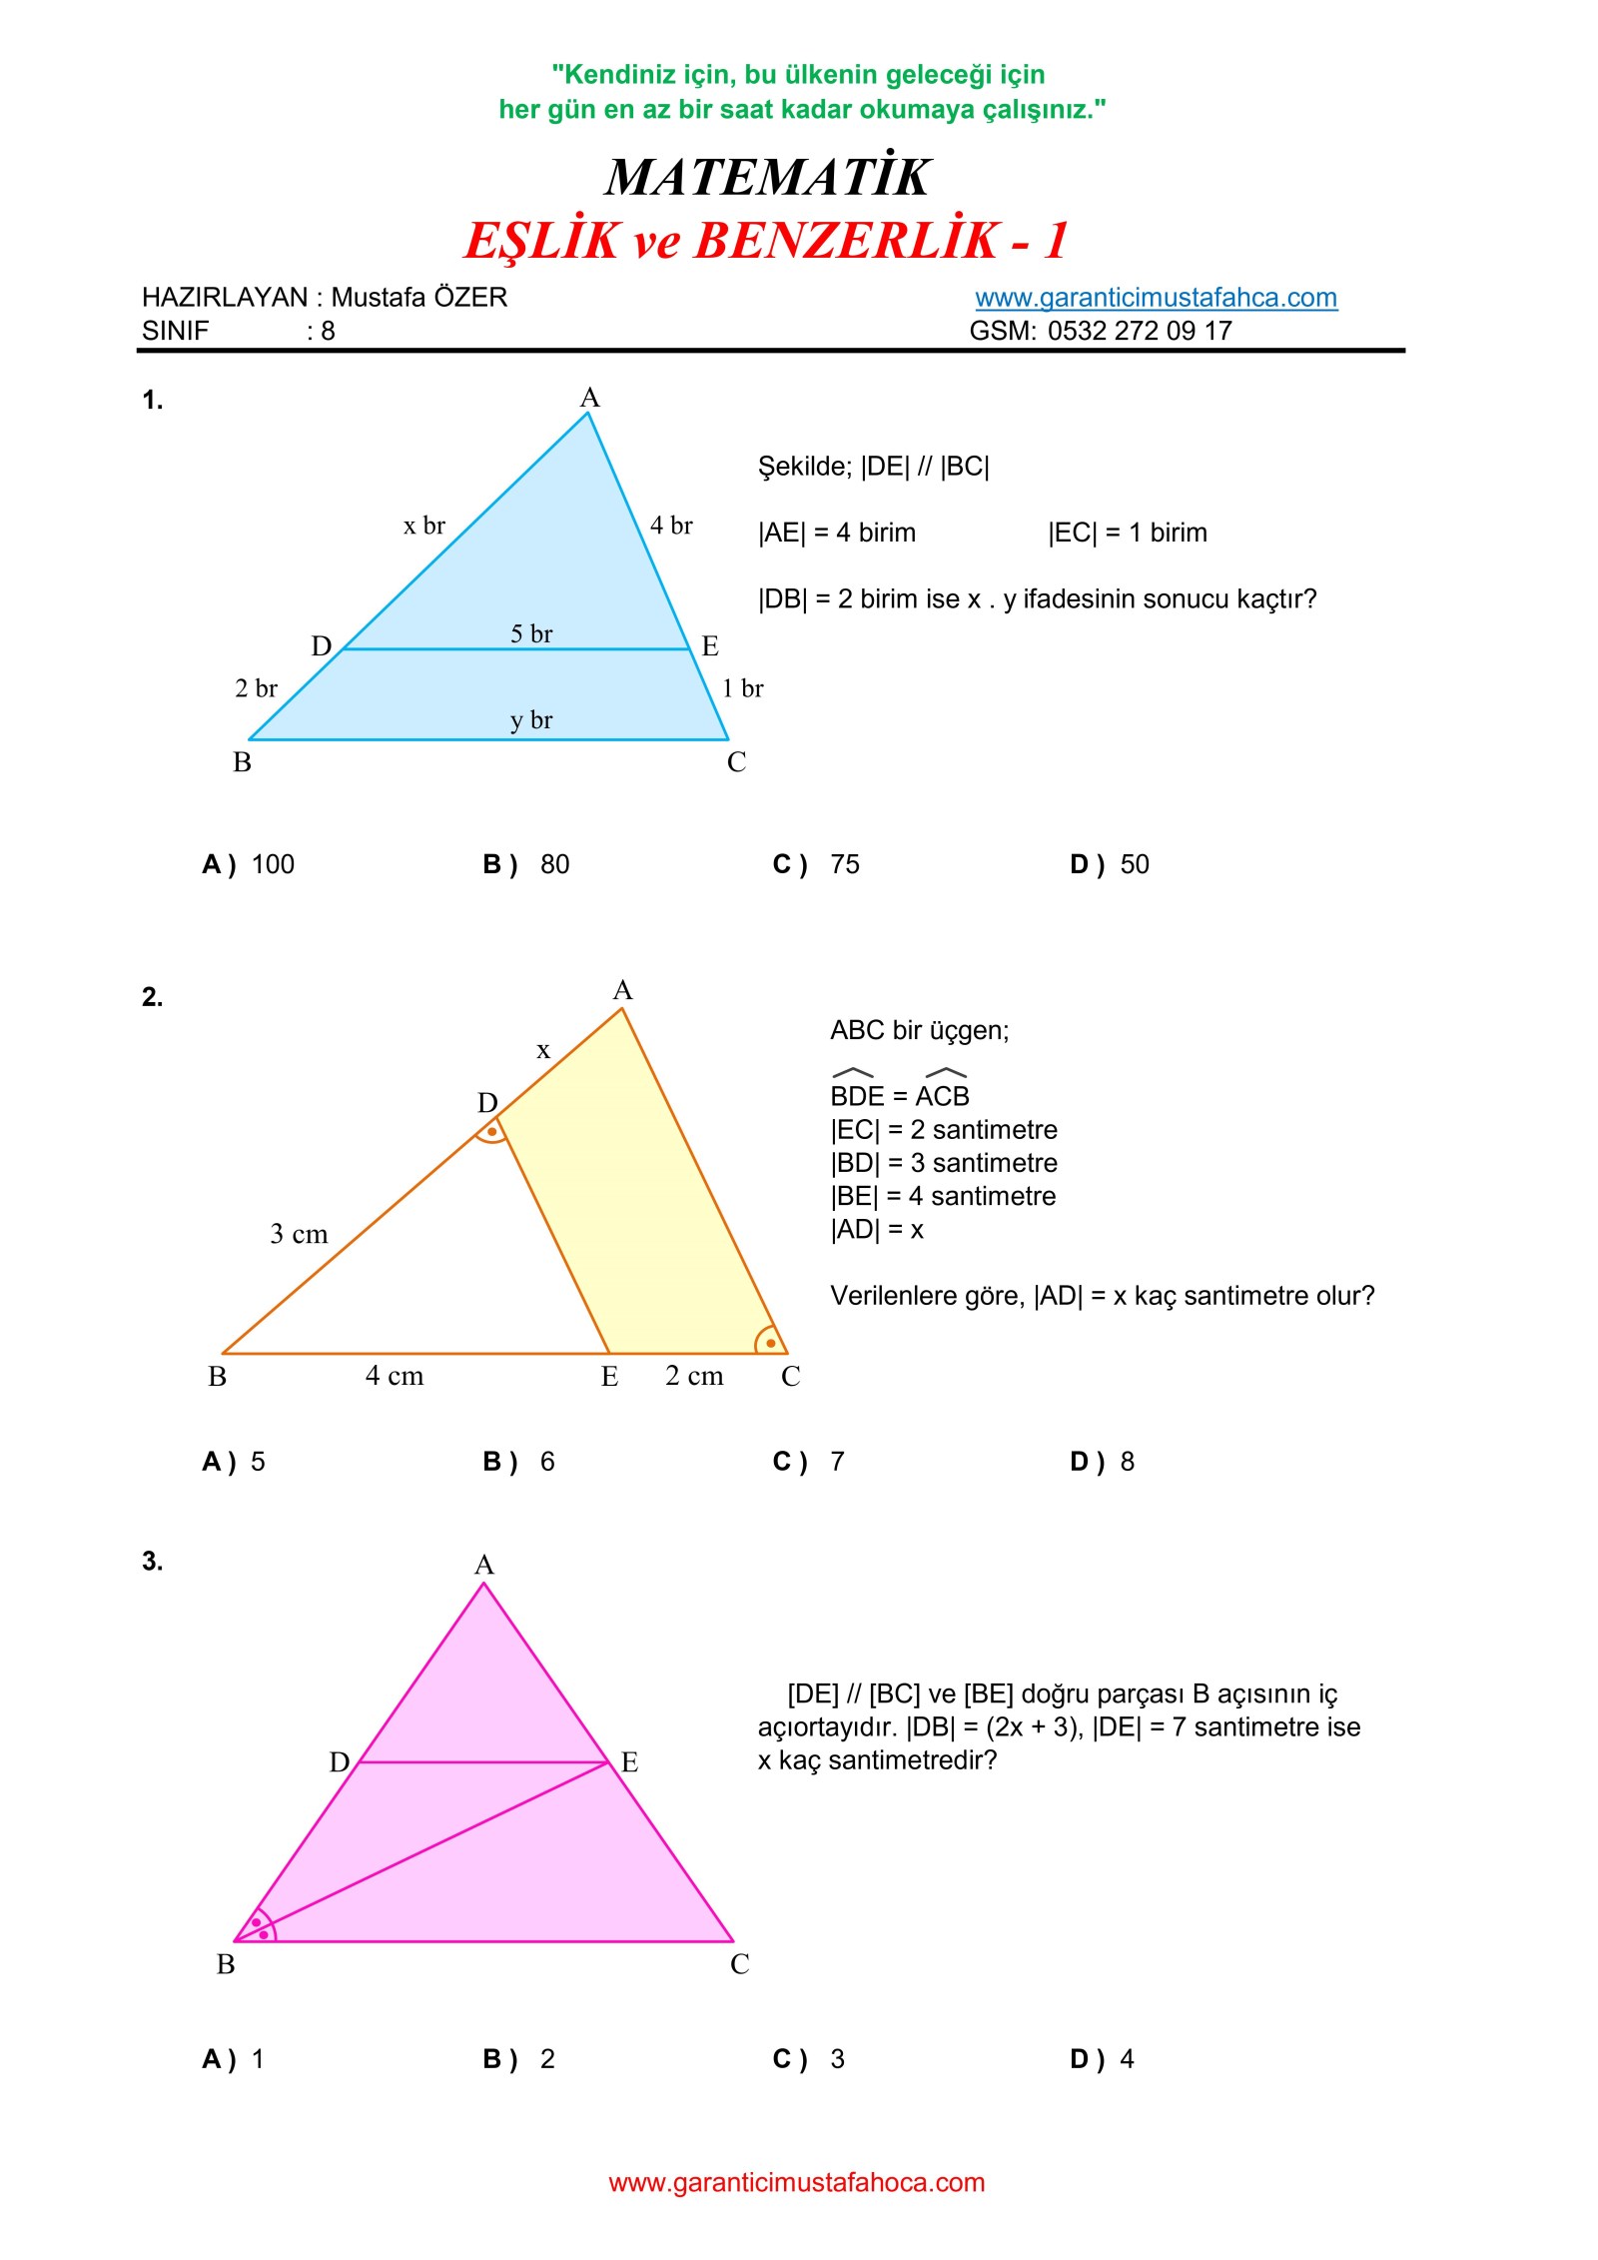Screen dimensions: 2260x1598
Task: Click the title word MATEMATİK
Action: pos(767,178)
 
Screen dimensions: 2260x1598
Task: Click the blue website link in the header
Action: pos(1155,297)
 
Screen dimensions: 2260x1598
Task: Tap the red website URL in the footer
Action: pos(796,2182)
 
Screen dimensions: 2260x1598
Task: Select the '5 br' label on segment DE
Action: pos(530,633)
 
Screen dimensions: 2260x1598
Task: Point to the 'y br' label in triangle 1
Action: pos(530,719)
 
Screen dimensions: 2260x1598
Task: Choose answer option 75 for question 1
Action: pos(844,864)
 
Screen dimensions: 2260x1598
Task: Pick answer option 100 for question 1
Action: pos(272,864)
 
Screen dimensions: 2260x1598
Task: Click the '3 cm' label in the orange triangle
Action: pos(299,1234)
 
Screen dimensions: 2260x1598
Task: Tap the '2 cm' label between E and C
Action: pos(694,1376)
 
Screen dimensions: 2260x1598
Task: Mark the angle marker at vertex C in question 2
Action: pos(769,1341)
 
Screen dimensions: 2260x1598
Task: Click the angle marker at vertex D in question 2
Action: pos(491,1131)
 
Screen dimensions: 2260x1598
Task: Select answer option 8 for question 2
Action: pos(1127,1462)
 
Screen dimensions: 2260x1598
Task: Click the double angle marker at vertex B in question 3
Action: pos(260,1928)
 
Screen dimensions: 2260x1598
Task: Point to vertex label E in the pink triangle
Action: pos(629,1762)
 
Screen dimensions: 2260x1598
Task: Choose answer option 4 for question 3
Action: pos(1127,2059)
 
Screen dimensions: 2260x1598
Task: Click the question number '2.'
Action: pos(152,996)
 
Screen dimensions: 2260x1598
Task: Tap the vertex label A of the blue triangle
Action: pos(589,398)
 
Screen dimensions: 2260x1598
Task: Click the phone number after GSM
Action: pos(1139,331)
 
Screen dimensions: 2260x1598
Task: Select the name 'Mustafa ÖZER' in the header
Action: pos(418,297)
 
